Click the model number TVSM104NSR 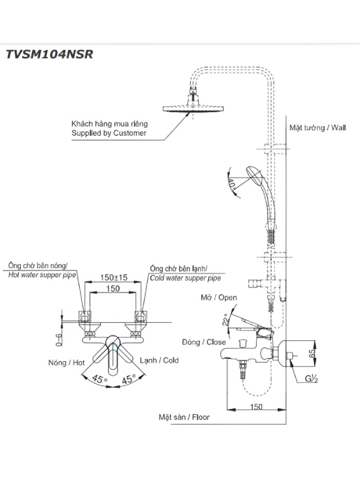49,54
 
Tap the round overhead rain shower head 193,108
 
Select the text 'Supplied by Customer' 109,133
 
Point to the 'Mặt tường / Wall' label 317,128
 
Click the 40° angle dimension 232,184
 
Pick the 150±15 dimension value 113,277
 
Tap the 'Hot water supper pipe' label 42,275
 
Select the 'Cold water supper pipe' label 185,278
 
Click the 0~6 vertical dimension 59,340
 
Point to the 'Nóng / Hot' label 67,363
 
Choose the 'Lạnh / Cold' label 159,361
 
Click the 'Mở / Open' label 219,297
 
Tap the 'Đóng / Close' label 203,342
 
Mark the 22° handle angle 226,320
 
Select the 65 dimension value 312,353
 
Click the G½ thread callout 311,379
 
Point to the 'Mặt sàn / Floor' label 184,417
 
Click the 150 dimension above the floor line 256,407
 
